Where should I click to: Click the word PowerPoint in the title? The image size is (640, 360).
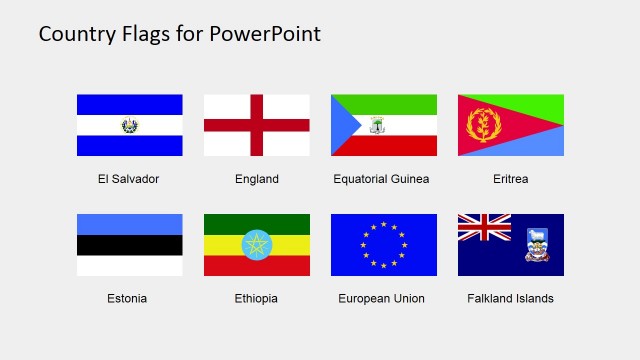coord(265,34)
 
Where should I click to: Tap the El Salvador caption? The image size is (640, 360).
coord(128,179)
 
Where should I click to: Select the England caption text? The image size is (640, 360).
coord(257,179)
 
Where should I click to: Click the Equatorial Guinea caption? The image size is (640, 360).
coord(381,179)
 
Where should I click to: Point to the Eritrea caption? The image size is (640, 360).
coord(510,179)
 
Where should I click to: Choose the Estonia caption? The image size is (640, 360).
coord(127,298)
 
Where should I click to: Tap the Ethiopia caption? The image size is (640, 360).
coord(256,298)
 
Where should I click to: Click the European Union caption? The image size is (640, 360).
coord(381,298)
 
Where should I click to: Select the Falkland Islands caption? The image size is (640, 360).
coord(510,298)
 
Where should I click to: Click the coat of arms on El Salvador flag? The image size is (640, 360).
coord(129,125)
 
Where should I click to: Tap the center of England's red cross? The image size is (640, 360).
coord(257,125)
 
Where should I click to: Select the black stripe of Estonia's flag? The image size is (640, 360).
coord(129,245)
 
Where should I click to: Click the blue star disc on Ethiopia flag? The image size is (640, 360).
coord(257,245)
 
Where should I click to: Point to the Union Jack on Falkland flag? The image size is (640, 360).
coord(484,229)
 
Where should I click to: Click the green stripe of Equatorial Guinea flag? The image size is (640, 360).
coord(395,104)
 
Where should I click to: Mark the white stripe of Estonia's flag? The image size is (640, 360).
coord(129,266)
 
